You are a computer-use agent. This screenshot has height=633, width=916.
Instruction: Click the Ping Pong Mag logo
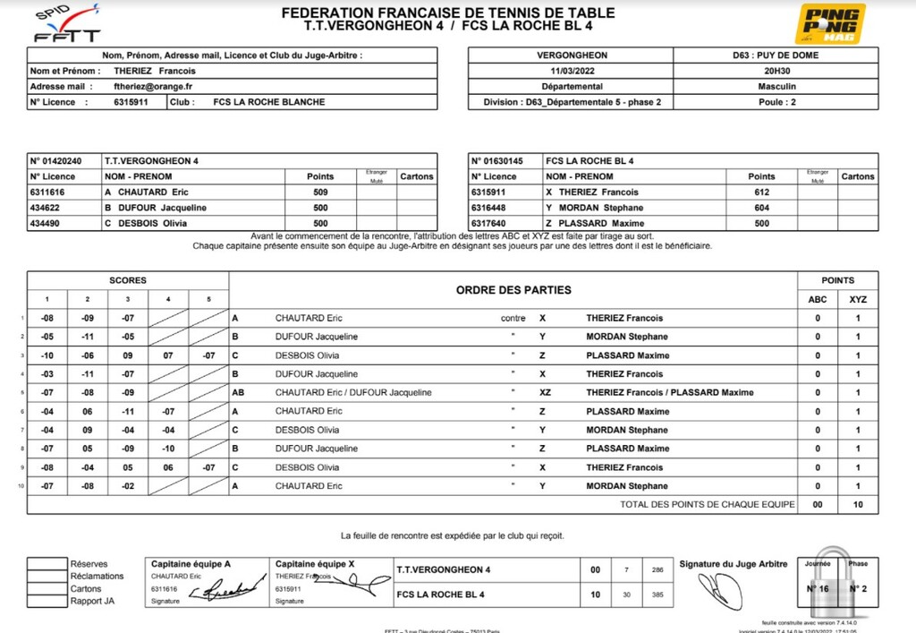click(x=831, y=23)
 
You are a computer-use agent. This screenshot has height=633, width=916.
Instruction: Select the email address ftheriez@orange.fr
click(x=154, y=87)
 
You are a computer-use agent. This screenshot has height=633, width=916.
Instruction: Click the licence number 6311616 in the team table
click(x=48, y=192)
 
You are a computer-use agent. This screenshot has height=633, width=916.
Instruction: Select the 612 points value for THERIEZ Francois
click(x=761, y=192)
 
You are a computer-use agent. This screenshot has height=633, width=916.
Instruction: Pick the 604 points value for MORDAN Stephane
click(x=761, y=208)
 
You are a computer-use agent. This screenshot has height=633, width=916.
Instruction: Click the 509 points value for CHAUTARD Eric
click(x=320, y=192)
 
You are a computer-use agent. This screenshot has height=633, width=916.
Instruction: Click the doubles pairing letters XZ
click(x=545, y=392)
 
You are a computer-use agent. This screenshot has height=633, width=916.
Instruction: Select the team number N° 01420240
click(x=56, y=161)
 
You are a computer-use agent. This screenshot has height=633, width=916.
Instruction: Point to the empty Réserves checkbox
click(x=47, y=564)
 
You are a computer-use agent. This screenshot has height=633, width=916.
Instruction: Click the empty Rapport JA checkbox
click(x=47, y=602)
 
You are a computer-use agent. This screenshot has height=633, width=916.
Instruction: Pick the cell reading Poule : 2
click(x=770, y=102)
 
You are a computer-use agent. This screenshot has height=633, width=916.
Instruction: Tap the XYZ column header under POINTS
click(x=857, y=299)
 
